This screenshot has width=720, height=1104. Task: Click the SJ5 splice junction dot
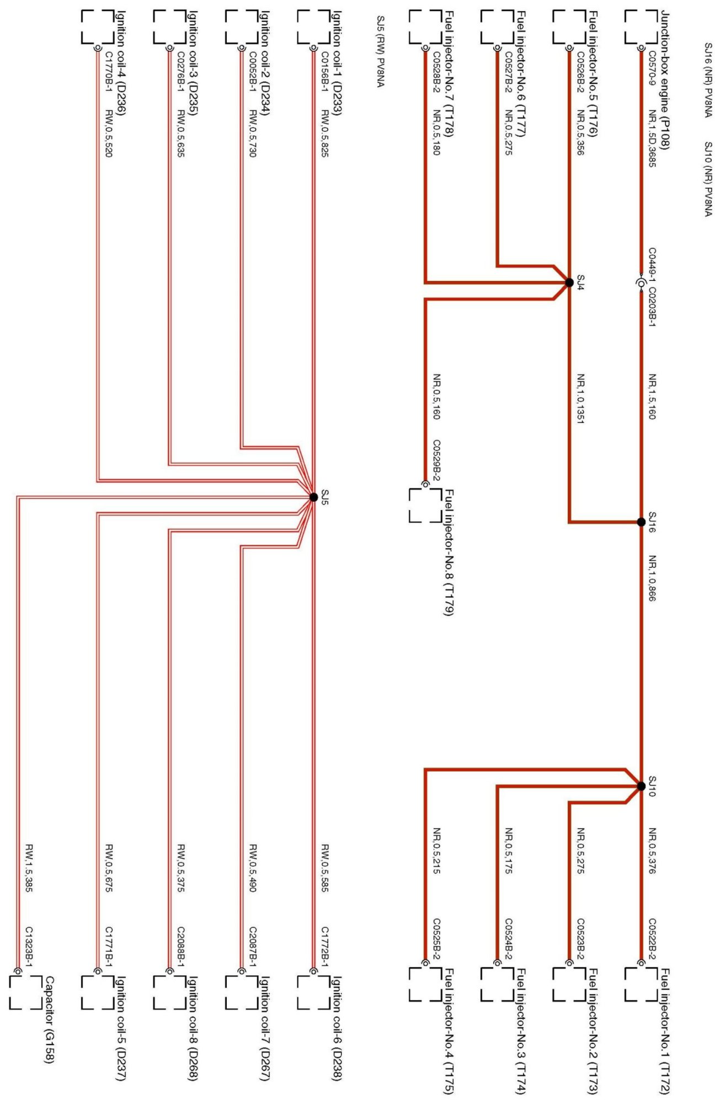click(313, 497)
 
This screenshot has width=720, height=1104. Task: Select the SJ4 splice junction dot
click(569, 283)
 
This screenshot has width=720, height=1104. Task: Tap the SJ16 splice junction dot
click(641, 522)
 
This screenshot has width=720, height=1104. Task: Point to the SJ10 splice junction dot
click(641, 786)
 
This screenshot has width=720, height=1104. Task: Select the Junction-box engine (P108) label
click(665, 80)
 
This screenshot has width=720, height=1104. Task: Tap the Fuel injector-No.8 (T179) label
click(449, 552)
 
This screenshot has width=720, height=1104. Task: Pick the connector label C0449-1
click(652, 263)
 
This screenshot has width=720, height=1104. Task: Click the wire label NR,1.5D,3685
click(652, 138)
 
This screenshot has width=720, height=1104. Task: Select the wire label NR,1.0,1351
click(580, 398)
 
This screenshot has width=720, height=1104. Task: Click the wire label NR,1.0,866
click(652, 578)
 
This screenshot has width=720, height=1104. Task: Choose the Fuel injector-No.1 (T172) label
click(665, 1031)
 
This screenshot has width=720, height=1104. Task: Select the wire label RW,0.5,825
click(325, 133)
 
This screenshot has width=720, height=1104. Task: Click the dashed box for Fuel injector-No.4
click(425, 984)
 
